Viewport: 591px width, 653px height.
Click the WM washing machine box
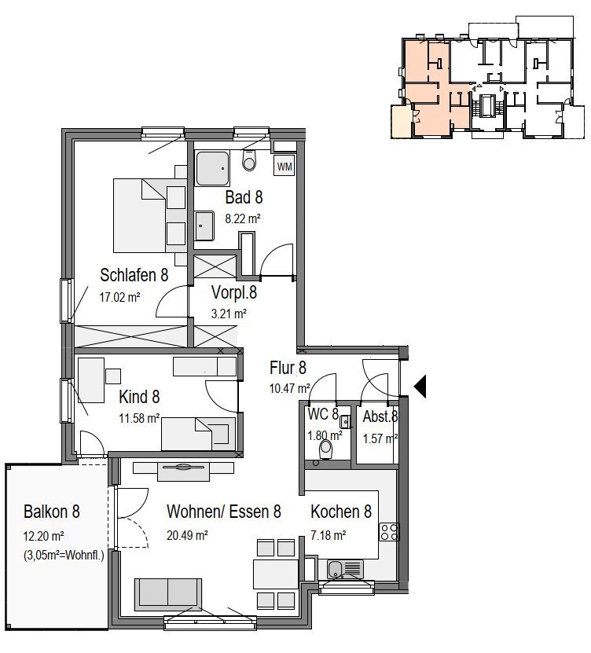pos(284,167)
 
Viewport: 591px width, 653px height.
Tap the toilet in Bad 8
pos(249,160)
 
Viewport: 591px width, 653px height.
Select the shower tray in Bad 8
pos(212,169)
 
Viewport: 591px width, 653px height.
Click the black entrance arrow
pos(420,387)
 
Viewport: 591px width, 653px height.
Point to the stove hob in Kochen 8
pos(389,532)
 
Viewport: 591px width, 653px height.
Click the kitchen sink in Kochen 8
pos(345,569)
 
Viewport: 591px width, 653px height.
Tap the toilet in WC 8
pos(325,449)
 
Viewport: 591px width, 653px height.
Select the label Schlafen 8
pos(134,275)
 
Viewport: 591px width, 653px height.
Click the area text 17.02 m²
pos(119,297)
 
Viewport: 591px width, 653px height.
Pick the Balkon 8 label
pos(52,512)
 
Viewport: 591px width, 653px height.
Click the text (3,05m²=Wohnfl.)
pos(64,556)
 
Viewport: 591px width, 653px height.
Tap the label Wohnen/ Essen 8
pos(224,512)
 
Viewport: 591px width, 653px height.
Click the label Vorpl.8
pos(234,292)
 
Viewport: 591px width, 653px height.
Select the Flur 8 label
pos(288,368)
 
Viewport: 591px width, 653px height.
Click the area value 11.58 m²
pos(139,418)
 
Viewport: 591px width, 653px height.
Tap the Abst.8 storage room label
pos(380,416)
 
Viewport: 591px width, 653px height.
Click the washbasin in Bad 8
pos(204,226)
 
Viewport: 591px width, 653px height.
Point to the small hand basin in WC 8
pos(345,422)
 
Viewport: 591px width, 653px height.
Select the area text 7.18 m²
pos(329,534)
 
